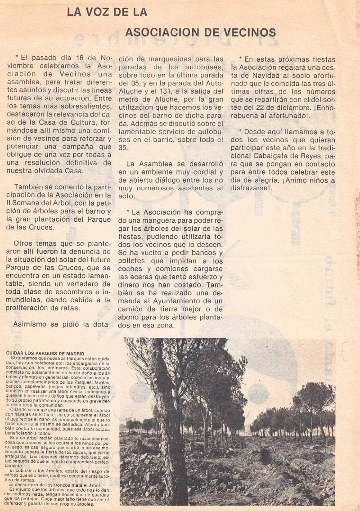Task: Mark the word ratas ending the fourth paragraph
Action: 67,308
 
